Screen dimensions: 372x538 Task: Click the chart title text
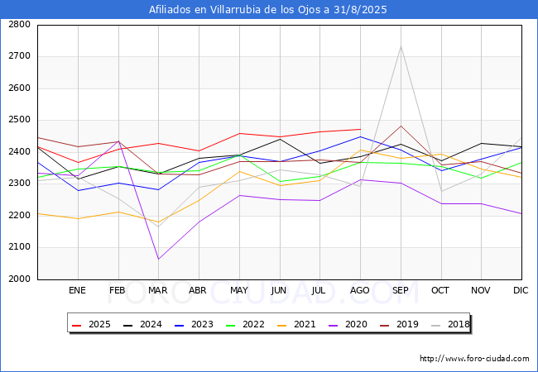tap(268, 10)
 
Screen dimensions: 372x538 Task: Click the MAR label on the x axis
tap(157, 290)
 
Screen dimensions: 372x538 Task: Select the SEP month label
tap(401, 290)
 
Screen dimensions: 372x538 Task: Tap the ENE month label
tap(77, 290)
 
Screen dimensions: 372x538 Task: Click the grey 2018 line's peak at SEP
tap(401, 46)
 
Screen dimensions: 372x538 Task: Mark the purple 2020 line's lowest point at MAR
tap(157, 260)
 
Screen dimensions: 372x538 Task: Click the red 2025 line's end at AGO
tap(360, 129)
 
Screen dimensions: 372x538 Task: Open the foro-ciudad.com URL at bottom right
tap(474, 359)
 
